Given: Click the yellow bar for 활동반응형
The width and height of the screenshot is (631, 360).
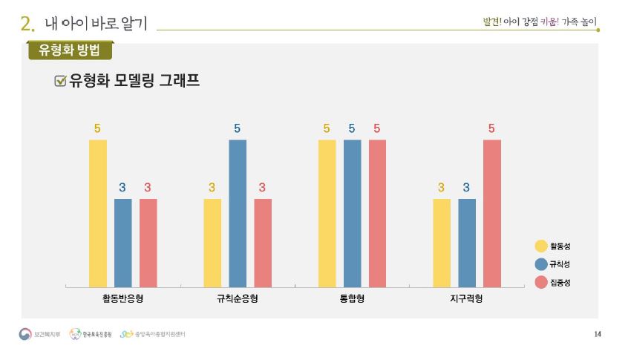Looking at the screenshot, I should click(x=98, y=213).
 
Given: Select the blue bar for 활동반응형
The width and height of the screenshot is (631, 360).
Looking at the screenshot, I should click(x=122, y=243).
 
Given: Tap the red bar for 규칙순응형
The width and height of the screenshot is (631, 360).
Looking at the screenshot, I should click(x=263, y=243).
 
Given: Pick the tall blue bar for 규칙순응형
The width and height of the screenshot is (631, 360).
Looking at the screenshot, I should click(x=238, y=213).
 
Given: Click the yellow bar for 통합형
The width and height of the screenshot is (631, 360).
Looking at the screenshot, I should click(x=327, y=213).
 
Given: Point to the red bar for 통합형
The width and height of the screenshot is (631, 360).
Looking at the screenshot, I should click(x=377, y=213).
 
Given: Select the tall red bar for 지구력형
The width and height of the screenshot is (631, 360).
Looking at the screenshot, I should click(x=492, y=213).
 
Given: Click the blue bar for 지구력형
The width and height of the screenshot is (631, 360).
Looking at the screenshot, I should click(x=467, y=243).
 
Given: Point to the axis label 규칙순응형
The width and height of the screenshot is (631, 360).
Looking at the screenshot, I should click(x=238, y=298).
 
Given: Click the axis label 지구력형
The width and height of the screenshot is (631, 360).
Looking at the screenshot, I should click(x=466, y=298).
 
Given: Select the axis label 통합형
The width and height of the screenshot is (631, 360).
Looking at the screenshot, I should click(x=352, y=298).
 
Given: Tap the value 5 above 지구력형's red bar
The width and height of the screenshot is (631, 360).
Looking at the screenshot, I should click(x=491, y=128).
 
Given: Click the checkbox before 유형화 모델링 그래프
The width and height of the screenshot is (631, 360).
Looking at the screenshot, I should click(x=61, y=81).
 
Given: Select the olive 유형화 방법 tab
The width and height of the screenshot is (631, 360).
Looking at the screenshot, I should click(x=70, y=50).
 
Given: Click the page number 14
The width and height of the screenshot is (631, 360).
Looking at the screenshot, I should click(x=598, y=334).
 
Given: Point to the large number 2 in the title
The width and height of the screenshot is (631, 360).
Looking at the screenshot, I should click(x=27, y=23).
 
